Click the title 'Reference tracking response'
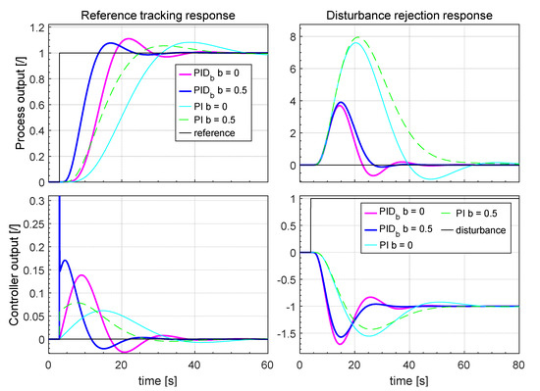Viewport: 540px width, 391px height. (x=157, y=14)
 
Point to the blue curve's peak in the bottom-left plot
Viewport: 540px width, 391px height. (x=65, y=261)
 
